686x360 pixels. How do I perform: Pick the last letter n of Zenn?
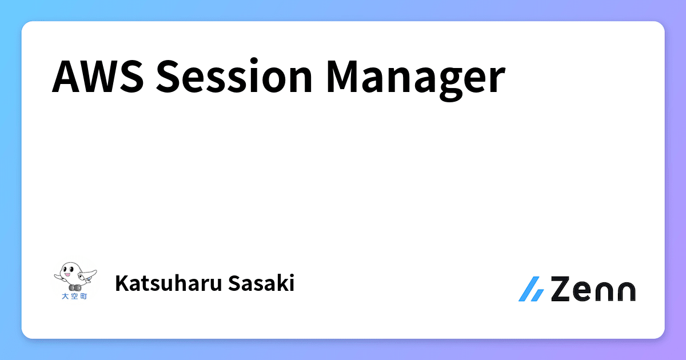(x=625, y=291)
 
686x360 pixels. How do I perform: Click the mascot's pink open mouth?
(x=67, y=274)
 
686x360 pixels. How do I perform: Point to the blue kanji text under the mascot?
(x=74, y=297)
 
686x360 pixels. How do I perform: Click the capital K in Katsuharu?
(x=121, y=283)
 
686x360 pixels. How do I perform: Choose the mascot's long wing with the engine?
(x=87, y=277)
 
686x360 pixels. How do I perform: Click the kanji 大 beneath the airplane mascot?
(x=65, y=297)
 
